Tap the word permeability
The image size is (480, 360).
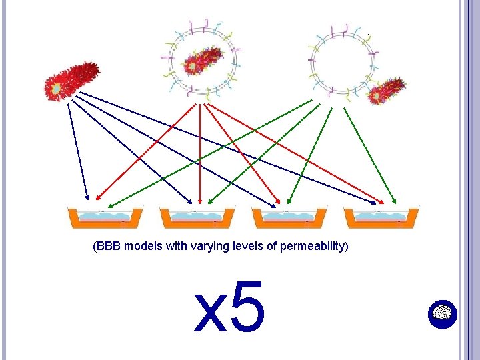[x=312, y=247]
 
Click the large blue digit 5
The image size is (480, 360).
[x=248, y=307]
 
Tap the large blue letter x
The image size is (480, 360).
[x=209, y=313]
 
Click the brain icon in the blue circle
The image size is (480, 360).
[x=443, y=312]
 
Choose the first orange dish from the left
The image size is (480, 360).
[x=105, y=217]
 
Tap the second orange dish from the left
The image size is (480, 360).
[x=197, y=217]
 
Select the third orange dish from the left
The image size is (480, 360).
[x=289, y=217]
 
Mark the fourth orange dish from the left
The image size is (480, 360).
[x=381, y=217]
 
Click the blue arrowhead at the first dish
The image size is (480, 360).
[x=87, y=197]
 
